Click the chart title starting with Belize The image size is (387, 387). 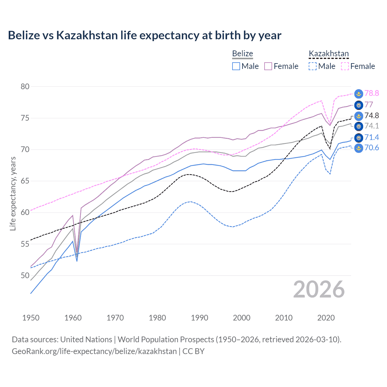click(145, 35)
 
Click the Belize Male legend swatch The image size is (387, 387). click(236, 66)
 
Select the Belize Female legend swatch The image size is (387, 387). click(268, 66)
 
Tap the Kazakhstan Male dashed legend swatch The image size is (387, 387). click(313, 66)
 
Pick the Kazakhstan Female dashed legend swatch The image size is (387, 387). click(345, 66)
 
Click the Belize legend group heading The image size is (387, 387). click(242, 54)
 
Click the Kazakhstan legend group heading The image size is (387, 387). click(329, 54)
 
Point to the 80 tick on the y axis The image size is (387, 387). click(25, 86)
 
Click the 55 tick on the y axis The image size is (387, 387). click(25, 244)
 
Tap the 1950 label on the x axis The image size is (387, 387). click(31, 318)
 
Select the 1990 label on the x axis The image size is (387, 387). click(200, 318)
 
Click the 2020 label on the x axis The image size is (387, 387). click(326, 318)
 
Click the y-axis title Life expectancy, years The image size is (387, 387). click(13, 193)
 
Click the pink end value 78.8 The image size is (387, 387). click(372, 93)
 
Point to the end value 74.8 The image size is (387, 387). click(372, 115)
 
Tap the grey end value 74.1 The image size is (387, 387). click(372, 126)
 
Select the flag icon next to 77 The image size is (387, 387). click(359, 105)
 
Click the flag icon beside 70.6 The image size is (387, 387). click(359, 148)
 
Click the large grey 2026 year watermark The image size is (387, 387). click(319, 289)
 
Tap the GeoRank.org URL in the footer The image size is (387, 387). click(94, 351)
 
